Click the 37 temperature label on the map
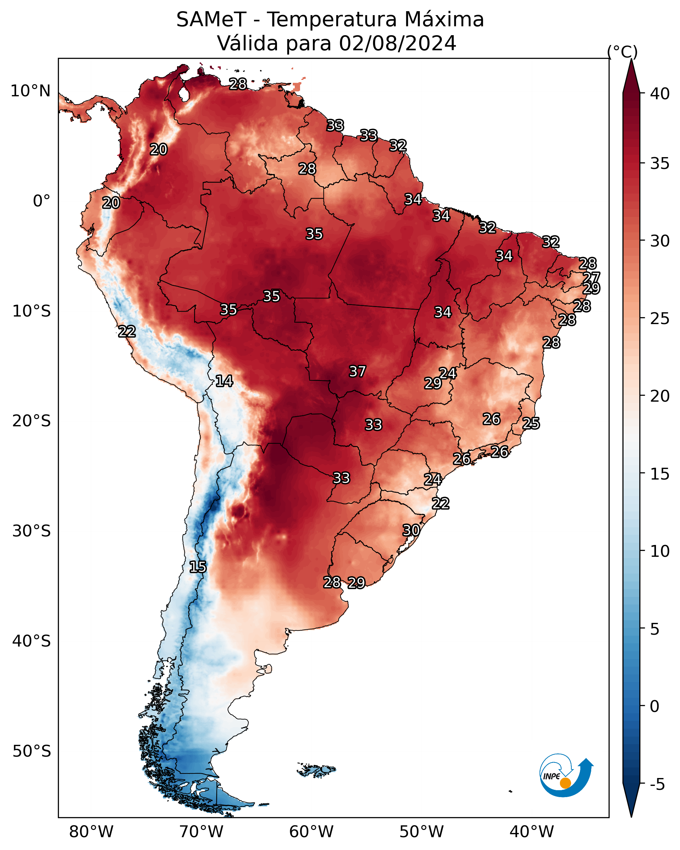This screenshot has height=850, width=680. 358,371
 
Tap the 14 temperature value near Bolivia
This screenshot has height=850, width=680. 224,381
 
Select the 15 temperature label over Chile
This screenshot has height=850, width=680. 198,567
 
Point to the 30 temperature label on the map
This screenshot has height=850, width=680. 411,530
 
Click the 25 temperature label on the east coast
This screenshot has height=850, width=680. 531,423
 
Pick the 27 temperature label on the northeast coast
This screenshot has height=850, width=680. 592,277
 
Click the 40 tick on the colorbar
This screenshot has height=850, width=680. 660,94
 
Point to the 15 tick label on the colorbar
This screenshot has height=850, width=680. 660,474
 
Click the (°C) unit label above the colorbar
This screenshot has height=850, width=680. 622,52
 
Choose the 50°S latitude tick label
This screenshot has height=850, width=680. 32,751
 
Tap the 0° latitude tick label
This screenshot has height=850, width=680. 42,201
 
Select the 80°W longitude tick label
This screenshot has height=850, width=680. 91,832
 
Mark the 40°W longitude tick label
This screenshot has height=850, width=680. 532,832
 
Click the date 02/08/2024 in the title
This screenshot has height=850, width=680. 398,43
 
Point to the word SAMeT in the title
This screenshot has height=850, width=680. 212,19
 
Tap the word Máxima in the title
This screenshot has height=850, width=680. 444,19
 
